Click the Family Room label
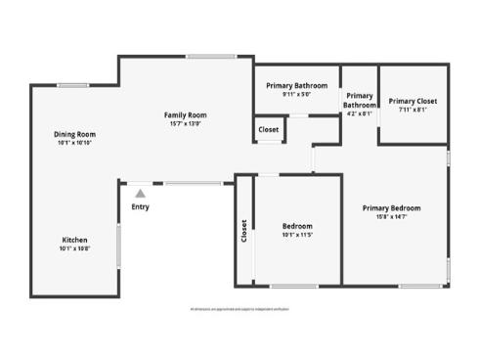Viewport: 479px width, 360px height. click(185, 115)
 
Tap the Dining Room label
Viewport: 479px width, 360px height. click(74, 135)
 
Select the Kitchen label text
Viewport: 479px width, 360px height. click(75, 241)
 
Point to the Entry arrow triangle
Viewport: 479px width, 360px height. click(141, 194)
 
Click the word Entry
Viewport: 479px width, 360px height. click(141, 206)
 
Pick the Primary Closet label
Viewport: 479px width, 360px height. click(413, 101)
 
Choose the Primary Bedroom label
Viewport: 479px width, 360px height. click(391, 207)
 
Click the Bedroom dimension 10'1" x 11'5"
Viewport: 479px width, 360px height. click(290, 235)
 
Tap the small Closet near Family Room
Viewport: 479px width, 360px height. click(269, 129)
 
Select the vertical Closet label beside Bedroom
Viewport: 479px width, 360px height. click(243, 231)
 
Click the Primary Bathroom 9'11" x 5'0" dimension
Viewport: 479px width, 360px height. click(296, 95)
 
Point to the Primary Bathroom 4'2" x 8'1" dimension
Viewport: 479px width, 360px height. click(359, 113)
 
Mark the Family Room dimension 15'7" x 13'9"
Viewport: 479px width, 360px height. click(185, 124)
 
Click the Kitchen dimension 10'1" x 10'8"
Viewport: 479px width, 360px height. click(75, 249)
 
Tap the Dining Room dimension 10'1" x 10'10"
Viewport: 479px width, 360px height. click(74, 144)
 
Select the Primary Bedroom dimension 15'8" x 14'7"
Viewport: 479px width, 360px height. click(391, 216)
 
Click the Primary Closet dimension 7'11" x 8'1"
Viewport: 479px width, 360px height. click(413, 110)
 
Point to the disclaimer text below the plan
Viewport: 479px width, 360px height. click(239, 309)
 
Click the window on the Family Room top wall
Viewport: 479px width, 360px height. click(204, 56)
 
